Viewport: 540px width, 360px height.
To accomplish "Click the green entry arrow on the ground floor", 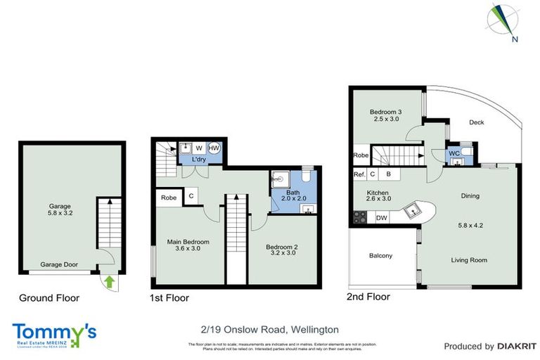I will point(108,282).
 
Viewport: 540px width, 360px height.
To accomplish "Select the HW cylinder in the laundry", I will point(214,148).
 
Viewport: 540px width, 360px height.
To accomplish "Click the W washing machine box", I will point(199,148).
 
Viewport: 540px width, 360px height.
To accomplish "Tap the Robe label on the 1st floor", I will point(169,198).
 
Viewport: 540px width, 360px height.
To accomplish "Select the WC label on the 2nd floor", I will point(454,153).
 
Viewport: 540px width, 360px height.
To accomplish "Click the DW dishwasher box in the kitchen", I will point(382,219).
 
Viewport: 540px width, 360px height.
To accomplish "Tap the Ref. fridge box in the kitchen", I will point(359,174).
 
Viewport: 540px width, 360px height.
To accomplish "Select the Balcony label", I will point(380,255).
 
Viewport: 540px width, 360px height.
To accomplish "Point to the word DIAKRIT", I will point(517,346).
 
